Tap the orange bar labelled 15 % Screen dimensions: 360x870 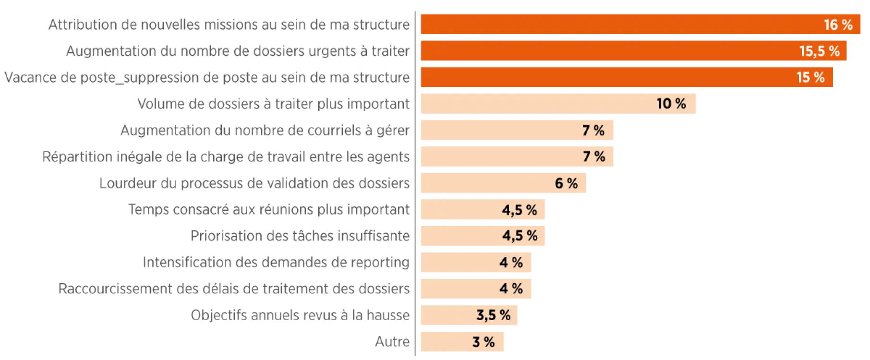click(600, 77)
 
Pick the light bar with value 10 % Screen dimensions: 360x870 click(533, 104)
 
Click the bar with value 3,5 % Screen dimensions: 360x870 click(447, 315)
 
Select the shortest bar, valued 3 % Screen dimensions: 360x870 click(442, 342)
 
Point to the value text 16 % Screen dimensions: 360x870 click(838, 24)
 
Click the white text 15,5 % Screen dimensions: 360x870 click(819, 51)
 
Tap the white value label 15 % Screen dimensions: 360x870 click(810, 77)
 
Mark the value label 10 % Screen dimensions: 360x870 click(671, 104)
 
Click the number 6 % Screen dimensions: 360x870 click(566, 183)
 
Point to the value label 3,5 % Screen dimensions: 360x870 click(493, 315)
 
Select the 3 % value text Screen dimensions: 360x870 click(483, 342)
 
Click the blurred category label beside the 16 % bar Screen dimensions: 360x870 click(229, 24)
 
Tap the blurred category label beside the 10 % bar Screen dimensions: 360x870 click(273, 104)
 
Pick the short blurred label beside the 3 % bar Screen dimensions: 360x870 click(392, 342)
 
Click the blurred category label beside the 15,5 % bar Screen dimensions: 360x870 click(238, 51)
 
